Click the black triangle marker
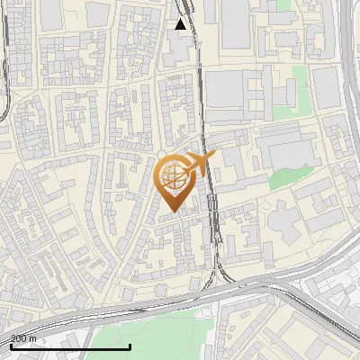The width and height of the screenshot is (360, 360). coord(181,24)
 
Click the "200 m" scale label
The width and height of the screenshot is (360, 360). coord(23,338)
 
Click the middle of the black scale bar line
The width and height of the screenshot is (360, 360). coord(70,346)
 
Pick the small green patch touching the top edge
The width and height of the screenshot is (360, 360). coord(283,4)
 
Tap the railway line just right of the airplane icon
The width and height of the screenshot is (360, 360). coord(211,180)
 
